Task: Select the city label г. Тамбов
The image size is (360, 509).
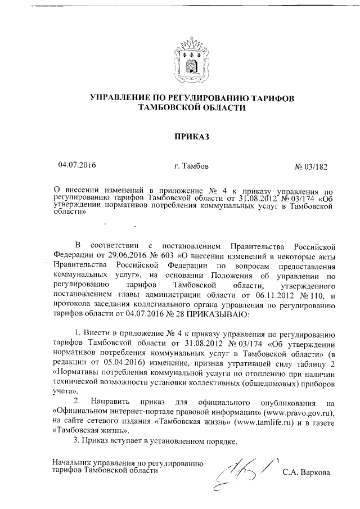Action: [x=194, y=166]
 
